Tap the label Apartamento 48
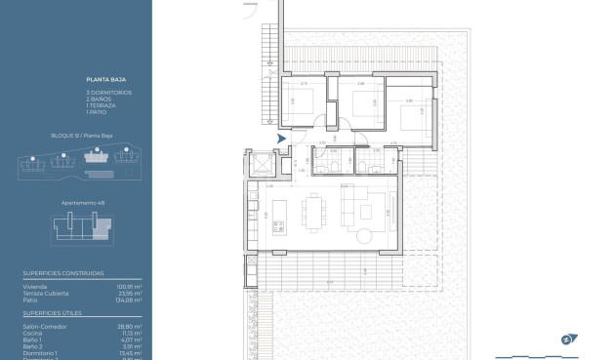click(x=82, y=204)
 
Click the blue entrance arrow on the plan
click(x=282, y=140)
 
